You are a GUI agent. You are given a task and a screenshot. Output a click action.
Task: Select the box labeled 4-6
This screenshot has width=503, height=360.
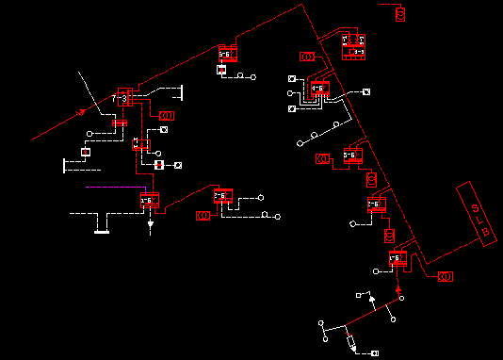tap(318, 90)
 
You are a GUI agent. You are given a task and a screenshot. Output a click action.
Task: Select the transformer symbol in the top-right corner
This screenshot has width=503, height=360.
tap(400, 14)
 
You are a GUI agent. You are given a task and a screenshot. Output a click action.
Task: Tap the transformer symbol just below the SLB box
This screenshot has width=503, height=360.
tap(446, 276)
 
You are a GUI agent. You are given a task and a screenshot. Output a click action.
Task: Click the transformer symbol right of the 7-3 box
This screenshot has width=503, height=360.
tap(166, 115)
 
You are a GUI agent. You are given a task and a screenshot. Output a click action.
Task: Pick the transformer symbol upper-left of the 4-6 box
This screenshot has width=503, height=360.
tap(307, 57)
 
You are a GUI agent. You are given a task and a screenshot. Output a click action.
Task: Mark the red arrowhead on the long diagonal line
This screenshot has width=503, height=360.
tap(83, 112)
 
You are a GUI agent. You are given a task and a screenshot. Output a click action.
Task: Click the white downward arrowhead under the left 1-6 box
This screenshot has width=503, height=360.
tap(150, 227)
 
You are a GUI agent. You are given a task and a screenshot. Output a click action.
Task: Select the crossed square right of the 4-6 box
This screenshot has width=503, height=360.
tap(366, 91)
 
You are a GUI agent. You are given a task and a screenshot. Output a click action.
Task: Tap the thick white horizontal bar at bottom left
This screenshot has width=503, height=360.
tap(102, 231)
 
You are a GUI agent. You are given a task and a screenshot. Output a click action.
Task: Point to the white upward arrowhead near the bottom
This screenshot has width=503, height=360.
tap(371, 299)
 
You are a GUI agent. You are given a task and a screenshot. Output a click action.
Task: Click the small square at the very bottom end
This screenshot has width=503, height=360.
tap(375, 353)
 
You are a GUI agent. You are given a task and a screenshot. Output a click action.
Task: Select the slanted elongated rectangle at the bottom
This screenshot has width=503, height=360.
tap(350, 341)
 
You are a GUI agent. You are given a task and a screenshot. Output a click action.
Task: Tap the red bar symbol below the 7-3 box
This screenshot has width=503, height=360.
tap(120, 123)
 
